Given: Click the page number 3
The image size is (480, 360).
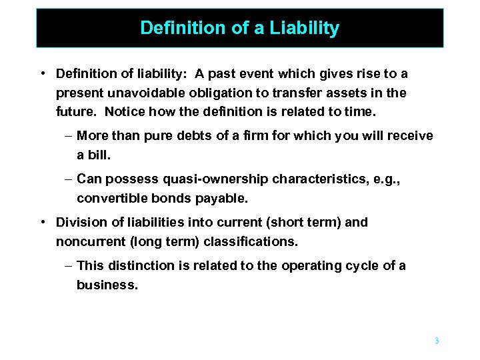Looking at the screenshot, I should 437,341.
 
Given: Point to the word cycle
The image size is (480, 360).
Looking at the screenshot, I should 362,265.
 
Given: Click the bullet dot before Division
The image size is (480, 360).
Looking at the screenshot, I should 42,222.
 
